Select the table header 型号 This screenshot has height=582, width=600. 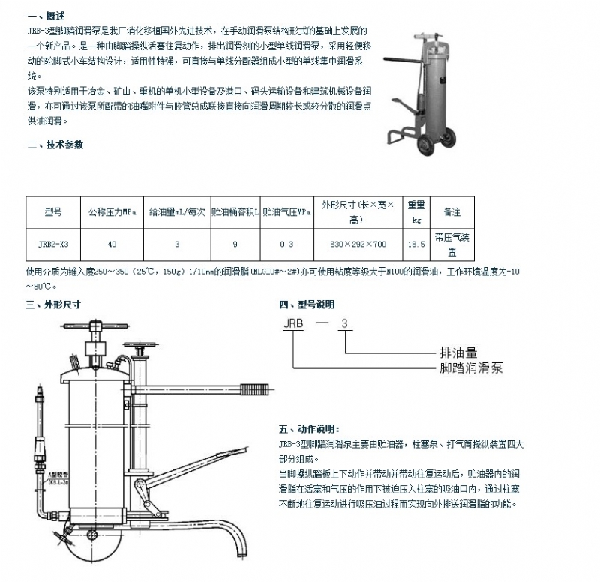[x=52, y=212]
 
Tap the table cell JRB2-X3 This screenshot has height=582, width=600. [x=52, y=244]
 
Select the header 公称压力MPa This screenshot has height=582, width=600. [x=112, y=212]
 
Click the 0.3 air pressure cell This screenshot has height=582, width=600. [x=286, y=244]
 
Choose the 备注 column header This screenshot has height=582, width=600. [x=451, y=212]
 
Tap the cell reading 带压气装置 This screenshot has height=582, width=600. [x=451, y=244]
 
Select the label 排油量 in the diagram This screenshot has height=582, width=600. [x=457, y=352]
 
